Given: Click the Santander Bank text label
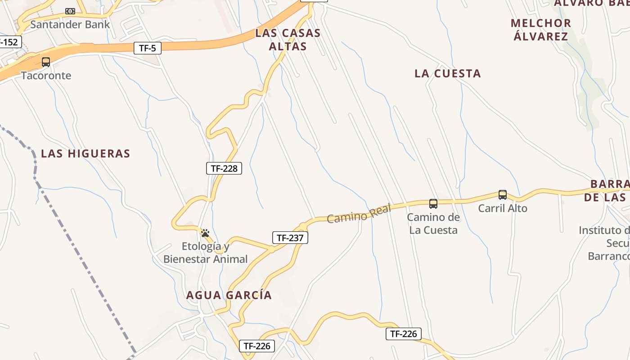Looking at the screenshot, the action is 70,24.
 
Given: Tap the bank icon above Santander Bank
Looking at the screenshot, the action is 70,11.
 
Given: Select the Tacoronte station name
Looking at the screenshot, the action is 46,75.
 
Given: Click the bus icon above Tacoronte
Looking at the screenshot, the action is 46,62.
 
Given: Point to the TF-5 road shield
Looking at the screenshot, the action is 147,48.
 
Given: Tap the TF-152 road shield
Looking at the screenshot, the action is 9,42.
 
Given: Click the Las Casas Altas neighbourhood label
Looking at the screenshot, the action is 288,40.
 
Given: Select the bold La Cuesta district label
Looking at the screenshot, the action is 448,73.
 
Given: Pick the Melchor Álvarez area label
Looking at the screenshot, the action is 541,30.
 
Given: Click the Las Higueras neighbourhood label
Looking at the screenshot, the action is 85,153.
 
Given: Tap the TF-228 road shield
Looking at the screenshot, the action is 224,168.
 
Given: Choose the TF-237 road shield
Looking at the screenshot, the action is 290,238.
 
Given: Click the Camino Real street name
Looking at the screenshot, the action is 359,213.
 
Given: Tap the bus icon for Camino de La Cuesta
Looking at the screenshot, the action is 433,204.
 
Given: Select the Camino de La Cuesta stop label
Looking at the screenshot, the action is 433,224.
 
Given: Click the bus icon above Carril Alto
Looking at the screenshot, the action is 503,195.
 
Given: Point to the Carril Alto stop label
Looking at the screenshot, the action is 503,208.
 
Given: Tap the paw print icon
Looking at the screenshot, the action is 205,233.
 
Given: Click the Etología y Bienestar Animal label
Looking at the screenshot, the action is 205,252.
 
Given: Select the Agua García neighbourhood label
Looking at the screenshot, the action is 229,295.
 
